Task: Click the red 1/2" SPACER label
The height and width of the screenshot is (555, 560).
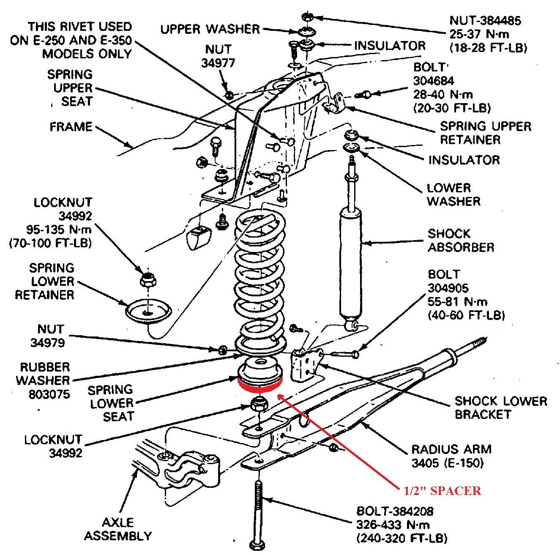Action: point(442,490)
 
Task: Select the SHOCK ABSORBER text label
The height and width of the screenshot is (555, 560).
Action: point(461,240)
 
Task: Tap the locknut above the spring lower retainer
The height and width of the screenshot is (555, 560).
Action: point(148,279)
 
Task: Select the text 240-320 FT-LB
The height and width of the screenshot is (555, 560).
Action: point(402,539)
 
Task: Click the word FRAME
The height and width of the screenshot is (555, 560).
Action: point(71,127)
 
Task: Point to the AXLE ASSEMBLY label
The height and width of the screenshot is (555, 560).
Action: point(117,529)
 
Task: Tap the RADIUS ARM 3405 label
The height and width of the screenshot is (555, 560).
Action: point(451,456)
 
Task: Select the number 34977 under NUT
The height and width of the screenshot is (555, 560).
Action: point(218,63)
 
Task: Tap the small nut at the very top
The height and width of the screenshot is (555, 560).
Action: point(307,17)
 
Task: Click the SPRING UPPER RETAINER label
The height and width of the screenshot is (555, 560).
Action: point(485,133)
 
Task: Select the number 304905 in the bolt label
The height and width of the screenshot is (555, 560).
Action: point(448,288)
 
